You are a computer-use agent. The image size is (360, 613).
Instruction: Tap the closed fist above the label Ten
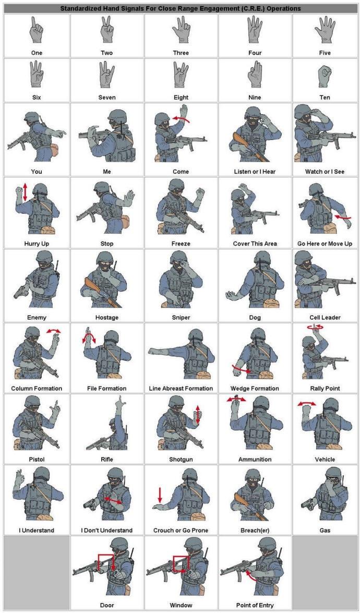pos(325,76)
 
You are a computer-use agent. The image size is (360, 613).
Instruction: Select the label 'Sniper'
pos(181,317)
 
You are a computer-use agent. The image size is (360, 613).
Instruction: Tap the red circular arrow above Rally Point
pos(316,327)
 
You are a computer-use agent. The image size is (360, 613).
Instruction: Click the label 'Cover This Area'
pos(255,244)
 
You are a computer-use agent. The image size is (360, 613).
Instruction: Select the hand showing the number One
pos(36,30)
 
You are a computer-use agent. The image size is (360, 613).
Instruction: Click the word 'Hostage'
pos(107,317)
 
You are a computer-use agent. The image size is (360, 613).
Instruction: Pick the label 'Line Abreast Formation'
pos(181,389)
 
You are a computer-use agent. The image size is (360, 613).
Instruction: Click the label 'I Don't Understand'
pos(107,531)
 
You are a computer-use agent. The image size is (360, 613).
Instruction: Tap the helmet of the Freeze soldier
pos(176,185)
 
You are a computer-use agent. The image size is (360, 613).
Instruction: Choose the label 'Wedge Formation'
pos(255,389)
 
